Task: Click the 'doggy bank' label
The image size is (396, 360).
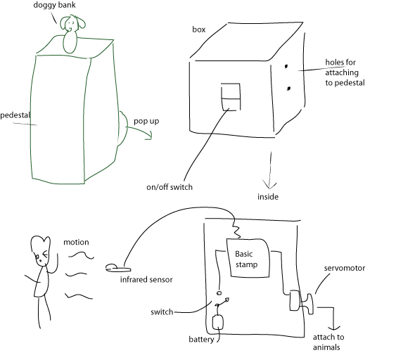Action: point(54,6)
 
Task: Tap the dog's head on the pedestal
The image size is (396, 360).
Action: point(72,23)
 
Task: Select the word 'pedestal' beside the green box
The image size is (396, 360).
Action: point(15,115)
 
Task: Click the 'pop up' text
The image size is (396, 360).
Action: point(146,122)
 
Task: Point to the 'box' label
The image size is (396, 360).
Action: point(199,30)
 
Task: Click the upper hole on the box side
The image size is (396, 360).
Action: point(286,67)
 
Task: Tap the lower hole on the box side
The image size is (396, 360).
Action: point(288,89)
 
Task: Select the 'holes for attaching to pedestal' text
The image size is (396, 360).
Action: point(345,72)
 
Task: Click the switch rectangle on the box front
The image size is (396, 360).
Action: point(231,97)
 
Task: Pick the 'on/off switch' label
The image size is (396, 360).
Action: point(170,187)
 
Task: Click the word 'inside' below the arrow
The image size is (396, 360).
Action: point(268,197)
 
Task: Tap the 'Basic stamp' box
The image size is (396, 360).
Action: point(248,258)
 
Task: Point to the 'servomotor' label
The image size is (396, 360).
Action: point(345,268)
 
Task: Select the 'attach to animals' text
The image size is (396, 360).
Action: point(328,342)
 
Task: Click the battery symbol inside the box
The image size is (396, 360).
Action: point(218,322)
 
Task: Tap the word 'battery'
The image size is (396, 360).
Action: point(201,340)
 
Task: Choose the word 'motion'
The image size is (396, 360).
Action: point(76,243)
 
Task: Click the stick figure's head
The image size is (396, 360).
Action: point(41,250)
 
